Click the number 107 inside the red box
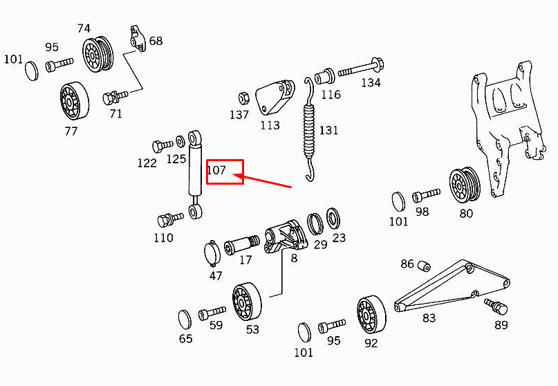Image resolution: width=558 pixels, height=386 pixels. (216, 169)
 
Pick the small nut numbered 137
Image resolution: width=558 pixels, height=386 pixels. (243, 97)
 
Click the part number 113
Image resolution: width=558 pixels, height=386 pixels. (270, 125)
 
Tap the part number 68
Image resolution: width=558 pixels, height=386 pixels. (156, 41)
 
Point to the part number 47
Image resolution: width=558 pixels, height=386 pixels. (216, 276)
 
